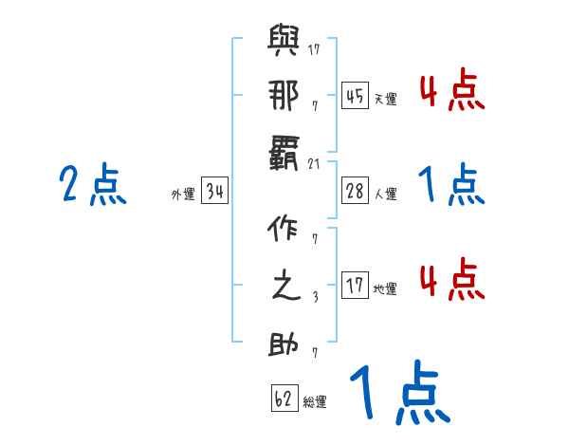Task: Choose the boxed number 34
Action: pos(215,193)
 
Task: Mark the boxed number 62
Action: pos(284,399)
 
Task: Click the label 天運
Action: pos(385,99)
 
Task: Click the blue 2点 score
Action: pos(93,185)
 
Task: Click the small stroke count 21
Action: pos(315,163)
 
